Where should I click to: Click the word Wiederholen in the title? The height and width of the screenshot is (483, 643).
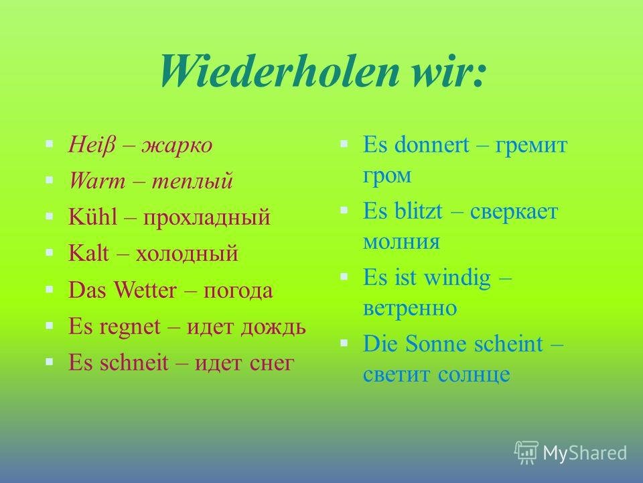point(279,70)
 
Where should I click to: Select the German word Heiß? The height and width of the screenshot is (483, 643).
point(92,146)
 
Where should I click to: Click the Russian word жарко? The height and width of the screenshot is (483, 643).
point(177,146)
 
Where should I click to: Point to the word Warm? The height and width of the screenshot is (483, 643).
point(96,180)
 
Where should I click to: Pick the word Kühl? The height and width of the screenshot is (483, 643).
point(92,216)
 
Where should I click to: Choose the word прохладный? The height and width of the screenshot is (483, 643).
point(207,218)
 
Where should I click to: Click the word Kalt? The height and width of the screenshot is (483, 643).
point(88,252)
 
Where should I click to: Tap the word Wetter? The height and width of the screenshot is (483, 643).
point(145,290)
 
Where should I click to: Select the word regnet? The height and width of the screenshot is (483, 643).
point(129,328)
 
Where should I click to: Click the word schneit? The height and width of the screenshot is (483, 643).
point(134,362)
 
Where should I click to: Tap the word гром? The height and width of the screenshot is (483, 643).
point(386,177)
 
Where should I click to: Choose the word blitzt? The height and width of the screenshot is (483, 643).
point(418,211)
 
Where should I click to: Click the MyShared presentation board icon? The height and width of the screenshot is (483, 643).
point(526,452)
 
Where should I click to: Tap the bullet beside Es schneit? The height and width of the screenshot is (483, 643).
point(50,362)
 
